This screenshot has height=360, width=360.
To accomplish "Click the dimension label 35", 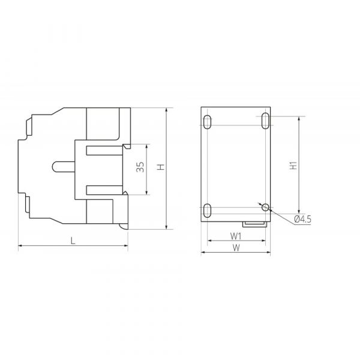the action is point(140,167).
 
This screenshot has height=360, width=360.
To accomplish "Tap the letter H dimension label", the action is point(161,167).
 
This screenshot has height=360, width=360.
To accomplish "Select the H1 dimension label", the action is point(293,166).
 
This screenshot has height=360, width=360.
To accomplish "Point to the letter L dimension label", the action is point(73,241).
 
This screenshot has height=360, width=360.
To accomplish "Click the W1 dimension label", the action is point(236,236).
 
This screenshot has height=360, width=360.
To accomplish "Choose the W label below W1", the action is point(236,248).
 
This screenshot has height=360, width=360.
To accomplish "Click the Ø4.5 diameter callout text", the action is point(302,219).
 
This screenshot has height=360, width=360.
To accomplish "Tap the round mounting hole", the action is point(265,208).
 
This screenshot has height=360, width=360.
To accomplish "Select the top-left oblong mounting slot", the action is point(208,122).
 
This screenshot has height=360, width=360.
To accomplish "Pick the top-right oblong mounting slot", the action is point(265,121).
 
